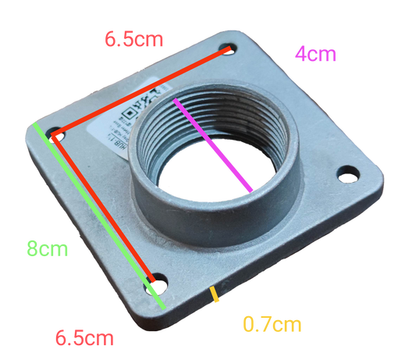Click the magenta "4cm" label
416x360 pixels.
pyautogui.click(x=315, y=54)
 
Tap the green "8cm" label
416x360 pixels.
pyautogui.click(x=46, y=250)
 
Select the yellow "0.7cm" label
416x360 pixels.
pyautogui.click(x=271, y=323)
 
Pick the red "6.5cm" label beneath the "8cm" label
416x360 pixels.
pyautogui.click(x=84, y=339)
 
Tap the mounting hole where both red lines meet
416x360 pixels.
pyautogui.click(x=55, y=135)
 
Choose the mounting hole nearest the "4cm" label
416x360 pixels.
pyautogui.click(x=228, y=49)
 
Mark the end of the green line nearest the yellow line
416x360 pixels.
pyautogui.click(x=162, y=308)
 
